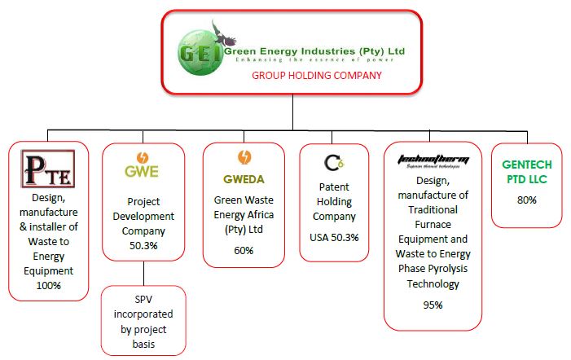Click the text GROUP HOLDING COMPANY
coord(316,75)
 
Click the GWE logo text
coord(142,172)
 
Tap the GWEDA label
coord(244,178)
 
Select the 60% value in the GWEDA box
coord(244,250)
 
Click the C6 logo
coord(334,163)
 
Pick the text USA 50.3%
coord(334,237)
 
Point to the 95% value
coord(432,305)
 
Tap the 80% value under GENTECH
coord(527,200)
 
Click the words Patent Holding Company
coord(334,202)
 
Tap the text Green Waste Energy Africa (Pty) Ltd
coord(244,214)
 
